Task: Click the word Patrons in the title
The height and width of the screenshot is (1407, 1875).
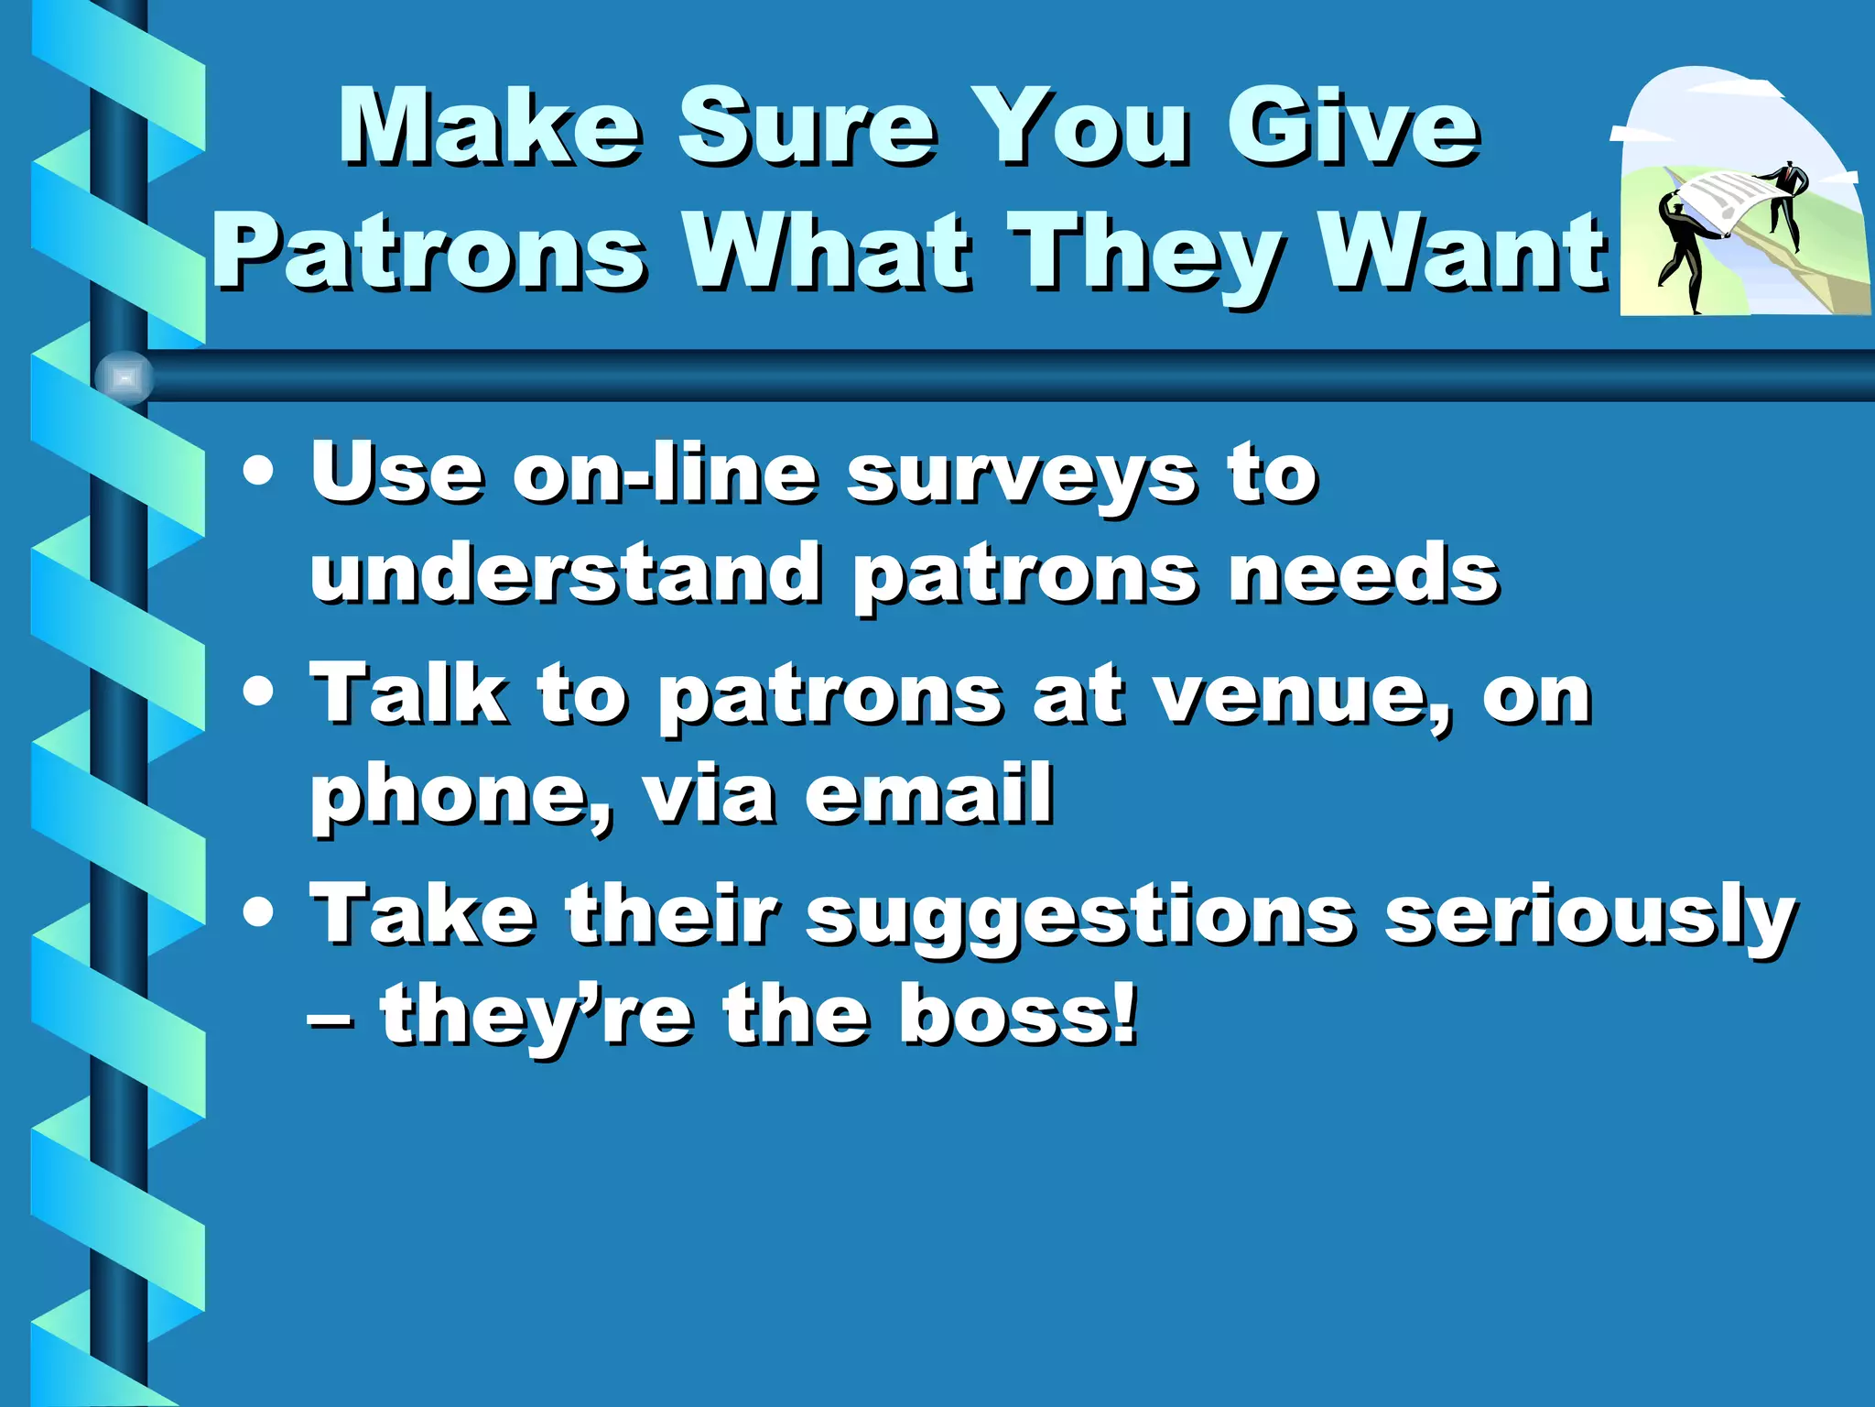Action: [430, 252]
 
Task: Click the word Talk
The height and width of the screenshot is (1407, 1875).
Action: [408, 693]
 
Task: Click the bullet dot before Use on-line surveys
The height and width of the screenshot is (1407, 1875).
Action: [259, 473]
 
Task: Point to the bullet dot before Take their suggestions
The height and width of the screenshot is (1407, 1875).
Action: [259, 912]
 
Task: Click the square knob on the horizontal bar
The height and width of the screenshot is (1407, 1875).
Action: [125, 377]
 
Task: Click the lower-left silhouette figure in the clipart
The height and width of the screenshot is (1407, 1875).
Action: [1683, 256]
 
